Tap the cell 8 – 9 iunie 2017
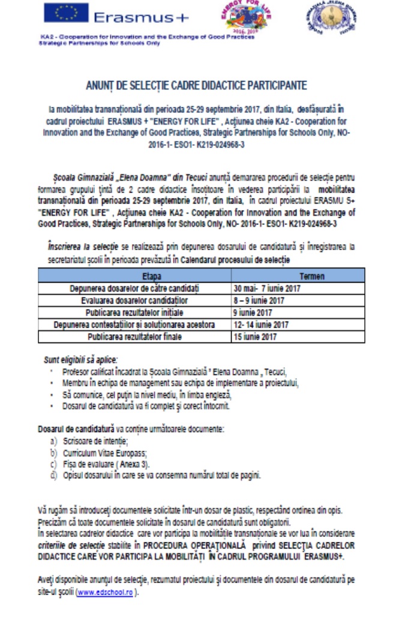click(x=260, y=301)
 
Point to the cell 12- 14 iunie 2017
click(x=262, y=325)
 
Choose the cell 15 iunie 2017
click(x=256, y=337)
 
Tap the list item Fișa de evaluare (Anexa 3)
click(x=106, y=464)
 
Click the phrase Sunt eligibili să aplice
click(x=81, y=360)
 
